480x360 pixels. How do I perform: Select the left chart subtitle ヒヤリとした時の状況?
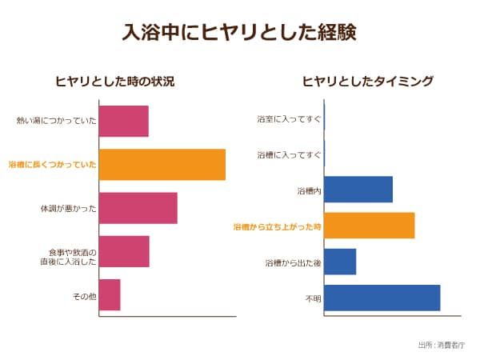click(114, 82)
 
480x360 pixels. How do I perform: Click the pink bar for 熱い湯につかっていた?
click(124, 121)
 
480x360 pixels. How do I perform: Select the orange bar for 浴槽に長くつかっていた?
click(162, 164)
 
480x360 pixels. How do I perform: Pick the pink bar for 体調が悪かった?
click(138, 208)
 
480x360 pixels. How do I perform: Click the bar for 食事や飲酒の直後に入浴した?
click(124, 251)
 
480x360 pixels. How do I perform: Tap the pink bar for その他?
click(110, 294)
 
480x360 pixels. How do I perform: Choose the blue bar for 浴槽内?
click(358, 190)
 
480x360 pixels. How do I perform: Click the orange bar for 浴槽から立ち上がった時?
click(370, 226)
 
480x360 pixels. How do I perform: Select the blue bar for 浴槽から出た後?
click(340, 262)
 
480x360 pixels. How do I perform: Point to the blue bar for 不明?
click(382, 298)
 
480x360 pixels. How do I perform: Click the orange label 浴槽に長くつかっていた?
click(53, 164)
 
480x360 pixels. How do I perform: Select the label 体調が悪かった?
click(69, 208)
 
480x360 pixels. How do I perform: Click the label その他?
click(84, 295)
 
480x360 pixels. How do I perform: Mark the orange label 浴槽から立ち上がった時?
click(277, 226)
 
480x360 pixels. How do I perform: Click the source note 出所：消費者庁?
click(441, 345)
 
